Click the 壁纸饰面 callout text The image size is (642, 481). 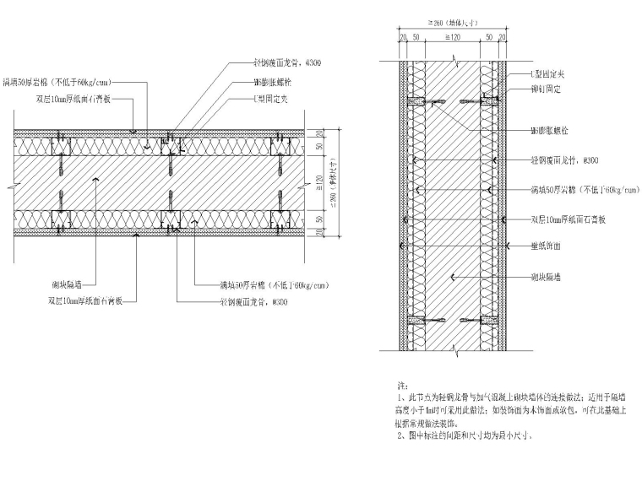tap(547, 246)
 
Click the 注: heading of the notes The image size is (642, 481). tap(402, 383)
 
